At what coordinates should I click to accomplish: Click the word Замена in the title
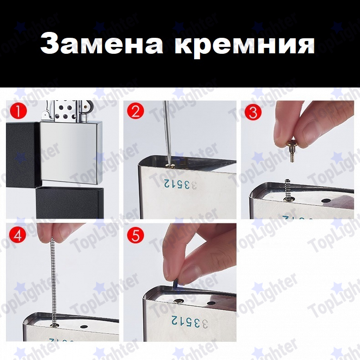[x=102, y=43]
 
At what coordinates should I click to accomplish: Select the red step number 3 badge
[x=253, y=112]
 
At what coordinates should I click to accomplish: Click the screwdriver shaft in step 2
[x=167, y=133]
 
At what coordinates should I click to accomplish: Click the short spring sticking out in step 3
[x=287, y=190]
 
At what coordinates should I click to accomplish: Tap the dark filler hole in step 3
[x=326, y=201]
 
